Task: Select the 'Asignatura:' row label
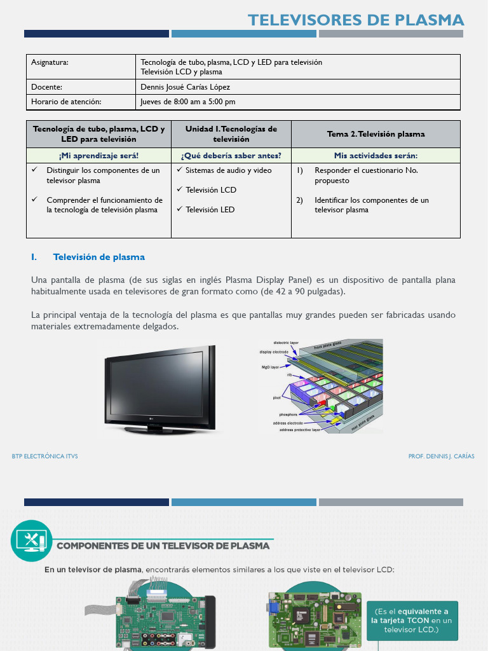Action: [x=50, y=62]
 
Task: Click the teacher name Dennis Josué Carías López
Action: [x=185, y=87]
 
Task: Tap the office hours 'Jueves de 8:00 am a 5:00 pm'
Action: [x=188, y=102]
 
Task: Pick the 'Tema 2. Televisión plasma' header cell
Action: [x=376, y=134]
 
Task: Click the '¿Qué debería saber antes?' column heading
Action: [x=231, y=156]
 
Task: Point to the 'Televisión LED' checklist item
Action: [x=210, y=210]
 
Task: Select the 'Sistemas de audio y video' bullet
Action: [x=228, y=170]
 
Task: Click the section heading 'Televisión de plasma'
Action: [x=99, y=257]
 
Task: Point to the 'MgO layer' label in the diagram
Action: [x=270, y=367]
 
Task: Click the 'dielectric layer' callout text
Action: [x=285, y=343]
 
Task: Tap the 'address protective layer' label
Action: [x=300, y=430]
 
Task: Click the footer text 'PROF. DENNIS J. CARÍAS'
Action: [x=441, y=456]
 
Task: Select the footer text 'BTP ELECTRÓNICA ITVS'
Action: [x=45, y=456]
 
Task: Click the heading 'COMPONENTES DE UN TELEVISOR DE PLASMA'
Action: [x=163, y=546]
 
